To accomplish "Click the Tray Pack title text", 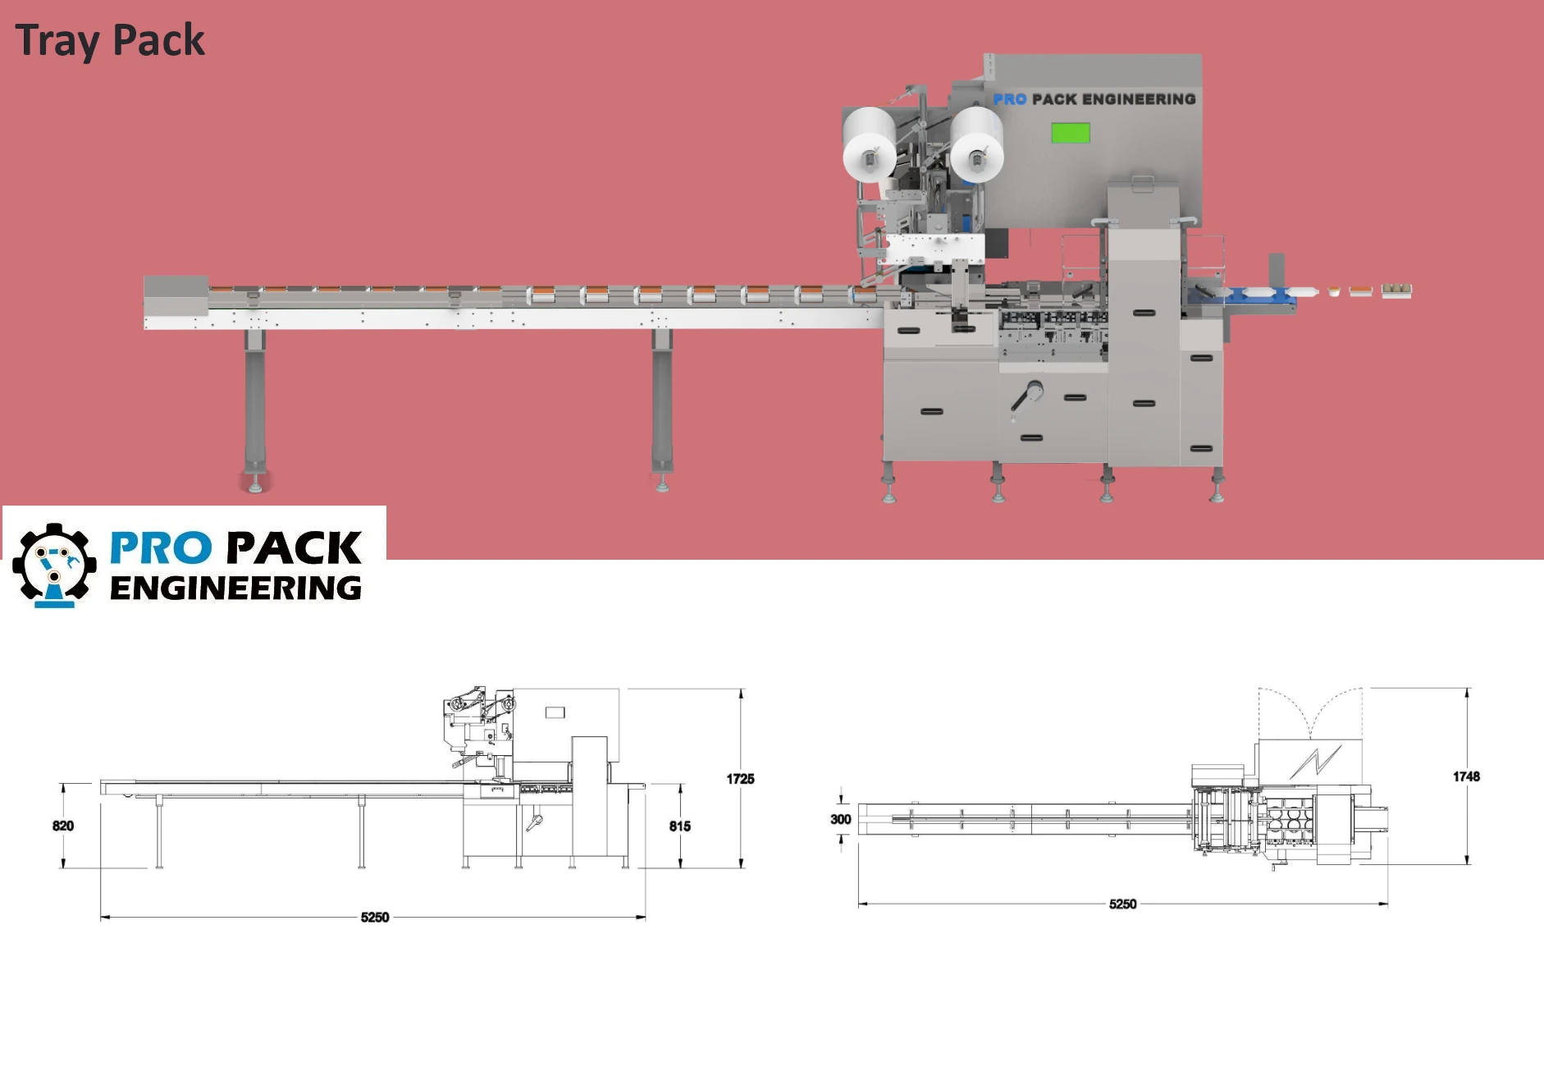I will pos(110,40).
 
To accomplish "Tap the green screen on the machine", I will pos(1071,133).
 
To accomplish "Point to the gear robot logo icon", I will pos(54,565).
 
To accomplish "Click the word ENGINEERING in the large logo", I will pos(235,588).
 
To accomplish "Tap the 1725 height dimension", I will pos(740,779).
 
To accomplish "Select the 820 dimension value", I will pos(63,826).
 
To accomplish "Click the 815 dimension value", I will pos(679,826).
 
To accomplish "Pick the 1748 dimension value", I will pos(1466,776).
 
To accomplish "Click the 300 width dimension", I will pos(840,819).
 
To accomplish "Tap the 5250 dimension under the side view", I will pos(375,918).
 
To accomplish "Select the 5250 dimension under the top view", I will pos(1122,904).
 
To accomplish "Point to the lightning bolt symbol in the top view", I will pos(1315,762).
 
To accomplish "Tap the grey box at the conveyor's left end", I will pos(176,295).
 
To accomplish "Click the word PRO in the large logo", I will pos(161,548).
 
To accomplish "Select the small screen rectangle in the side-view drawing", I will pos(555,712).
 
